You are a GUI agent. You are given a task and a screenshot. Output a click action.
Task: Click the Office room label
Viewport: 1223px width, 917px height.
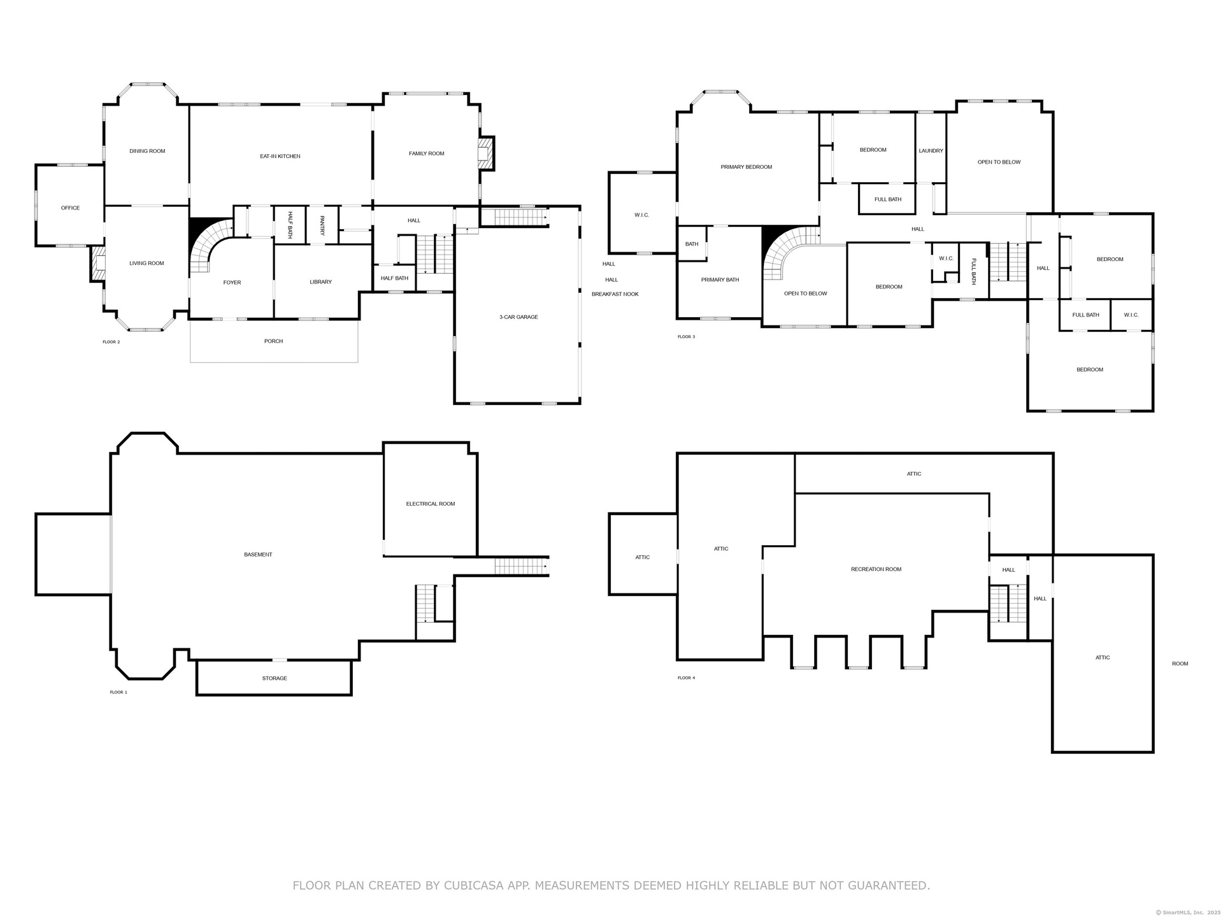pos(71,208)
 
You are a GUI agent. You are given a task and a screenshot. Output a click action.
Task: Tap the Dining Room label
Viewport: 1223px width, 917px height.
pos(147,151)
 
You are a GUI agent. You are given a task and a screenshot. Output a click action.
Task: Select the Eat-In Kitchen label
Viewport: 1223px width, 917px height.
pos(280,156)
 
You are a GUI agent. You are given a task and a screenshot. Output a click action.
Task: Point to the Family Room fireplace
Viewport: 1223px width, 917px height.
pos(485,153)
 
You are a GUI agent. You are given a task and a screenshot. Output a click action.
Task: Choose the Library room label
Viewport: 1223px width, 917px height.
pos(321,282)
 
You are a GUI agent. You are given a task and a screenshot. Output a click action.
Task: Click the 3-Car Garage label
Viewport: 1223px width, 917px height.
pos(519,316)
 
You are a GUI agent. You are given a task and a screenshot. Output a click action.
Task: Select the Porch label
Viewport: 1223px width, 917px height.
pos(274,341)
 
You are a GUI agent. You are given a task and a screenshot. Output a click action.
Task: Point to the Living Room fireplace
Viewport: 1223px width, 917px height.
pos(97,264)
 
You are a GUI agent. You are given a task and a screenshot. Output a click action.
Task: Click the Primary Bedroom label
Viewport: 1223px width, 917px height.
pos(747,167)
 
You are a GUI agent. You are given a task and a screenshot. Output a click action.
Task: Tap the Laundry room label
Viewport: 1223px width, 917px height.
pos(931,151)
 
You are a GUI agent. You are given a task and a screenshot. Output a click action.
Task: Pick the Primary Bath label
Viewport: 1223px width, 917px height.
pos(720,280)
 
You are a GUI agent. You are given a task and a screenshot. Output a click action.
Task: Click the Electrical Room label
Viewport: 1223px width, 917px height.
pos(431,504)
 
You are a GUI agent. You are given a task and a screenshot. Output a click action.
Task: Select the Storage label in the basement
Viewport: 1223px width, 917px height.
pos(275,678)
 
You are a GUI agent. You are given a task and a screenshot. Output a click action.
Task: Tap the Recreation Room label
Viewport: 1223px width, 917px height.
pos(876,569)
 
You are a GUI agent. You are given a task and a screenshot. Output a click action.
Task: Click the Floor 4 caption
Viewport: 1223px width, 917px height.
pos(687,678)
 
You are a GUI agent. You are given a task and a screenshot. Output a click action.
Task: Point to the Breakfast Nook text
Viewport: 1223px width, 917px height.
pos(615,294)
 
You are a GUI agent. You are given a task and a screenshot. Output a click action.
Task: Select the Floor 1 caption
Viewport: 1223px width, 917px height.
pos(118,692)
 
